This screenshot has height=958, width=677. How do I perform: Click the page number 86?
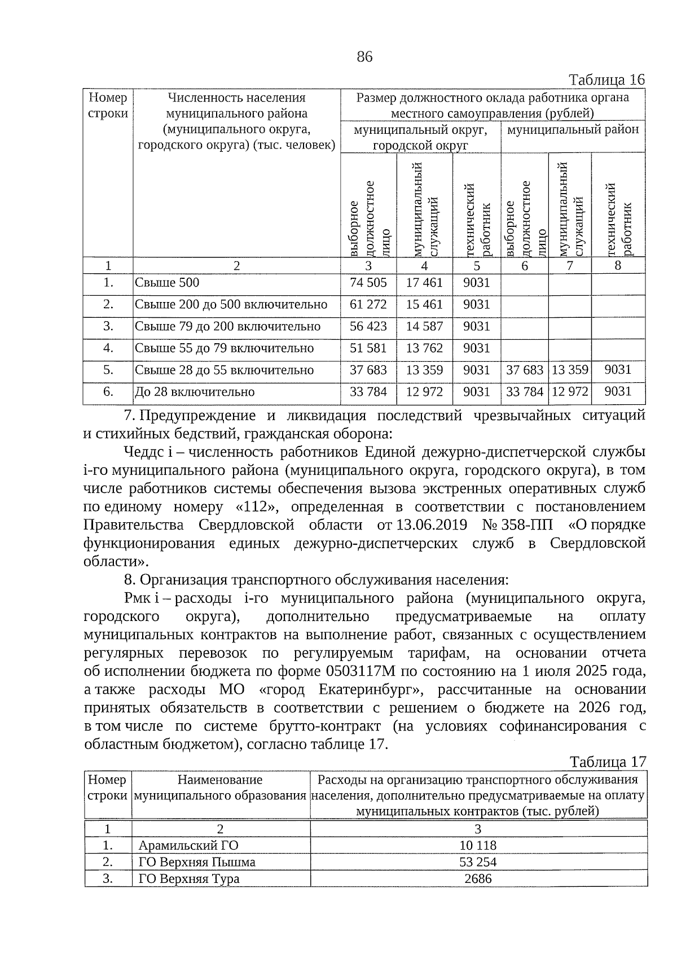tap(364, 56)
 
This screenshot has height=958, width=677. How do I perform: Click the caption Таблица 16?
tap(606, 79)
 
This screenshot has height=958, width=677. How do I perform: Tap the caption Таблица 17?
tap(608, 762)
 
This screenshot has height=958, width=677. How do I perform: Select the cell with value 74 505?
tap(368, 283)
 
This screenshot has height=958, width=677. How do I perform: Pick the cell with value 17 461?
tap(424, 283)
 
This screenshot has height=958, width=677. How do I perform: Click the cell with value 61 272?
tap(368, 305)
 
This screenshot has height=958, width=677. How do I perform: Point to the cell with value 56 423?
tap(368, 326)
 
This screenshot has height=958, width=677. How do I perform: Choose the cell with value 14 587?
tap(424, 326)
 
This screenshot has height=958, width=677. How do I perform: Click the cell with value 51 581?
tap(368, 348)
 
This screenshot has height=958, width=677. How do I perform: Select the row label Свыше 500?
tap(167, 283)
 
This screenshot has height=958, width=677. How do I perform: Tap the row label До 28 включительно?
tap(195, 392)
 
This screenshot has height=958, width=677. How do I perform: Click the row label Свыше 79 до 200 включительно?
tap(227, 326)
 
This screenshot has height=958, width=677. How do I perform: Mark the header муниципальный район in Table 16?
tap(573, 130)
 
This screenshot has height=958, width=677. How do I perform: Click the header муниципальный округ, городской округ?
tap(420, 138)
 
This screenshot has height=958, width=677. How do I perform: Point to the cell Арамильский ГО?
tap(188, 846)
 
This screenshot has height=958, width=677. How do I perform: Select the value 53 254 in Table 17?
tap(478, 862)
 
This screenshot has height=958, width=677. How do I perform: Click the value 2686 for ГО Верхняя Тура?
tap(478, 878)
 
